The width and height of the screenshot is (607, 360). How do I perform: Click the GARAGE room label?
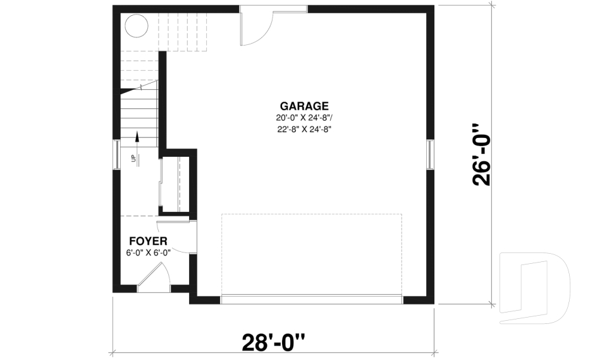pos(304,106)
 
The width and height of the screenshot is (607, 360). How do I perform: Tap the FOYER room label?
pos(148,242)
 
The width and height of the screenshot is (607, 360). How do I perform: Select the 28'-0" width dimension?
pos(273,342)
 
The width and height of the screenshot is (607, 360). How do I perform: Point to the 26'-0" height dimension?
pos(482,155)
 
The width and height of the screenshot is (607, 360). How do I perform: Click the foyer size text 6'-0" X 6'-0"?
pos(148,253)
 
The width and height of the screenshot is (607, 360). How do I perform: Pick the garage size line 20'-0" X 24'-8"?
pos(304,118)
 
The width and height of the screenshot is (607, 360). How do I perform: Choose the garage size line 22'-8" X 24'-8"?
pos(304,130)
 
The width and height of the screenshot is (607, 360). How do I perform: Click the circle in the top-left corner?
pos(137,26)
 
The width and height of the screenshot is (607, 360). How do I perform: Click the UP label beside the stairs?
pos(133,158)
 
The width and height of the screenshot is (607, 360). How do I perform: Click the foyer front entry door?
pos(153,276)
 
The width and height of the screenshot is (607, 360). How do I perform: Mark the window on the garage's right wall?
pos(430,154)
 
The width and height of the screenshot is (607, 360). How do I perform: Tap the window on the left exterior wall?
pos(116,154)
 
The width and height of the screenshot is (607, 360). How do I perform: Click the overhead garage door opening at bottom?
pos(312,299)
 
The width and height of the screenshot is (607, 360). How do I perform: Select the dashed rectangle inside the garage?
pos(312,214)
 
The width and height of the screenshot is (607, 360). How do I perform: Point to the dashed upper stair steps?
pos(182,32)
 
